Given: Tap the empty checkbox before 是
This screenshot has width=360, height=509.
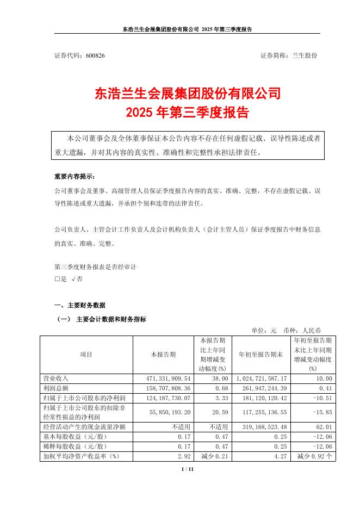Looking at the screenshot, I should coord(57,278).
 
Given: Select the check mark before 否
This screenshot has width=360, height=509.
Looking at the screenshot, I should coord(73,278).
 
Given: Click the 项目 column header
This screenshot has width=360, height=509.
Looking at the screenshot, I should coord(86,354).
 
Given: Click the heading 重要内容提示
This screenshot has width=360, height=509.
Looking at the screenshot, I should coord(74,177).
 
